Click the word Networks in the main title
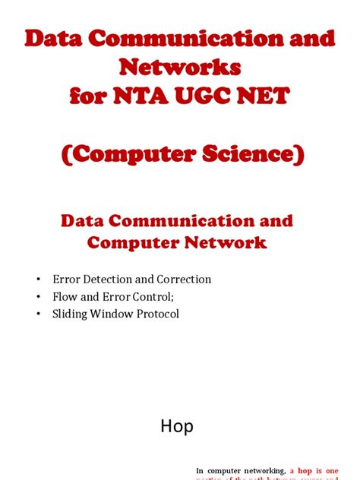coord(180,68)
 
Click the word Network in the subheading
coord(228,243)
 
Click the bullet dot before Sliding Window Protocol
coord(39,314)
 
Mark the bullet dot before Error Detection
coord(39,280)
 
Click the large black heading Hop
coord(177,426)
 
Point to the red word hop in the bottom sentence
coord(306,472)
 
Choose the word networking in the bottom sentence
coord(258,472)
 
